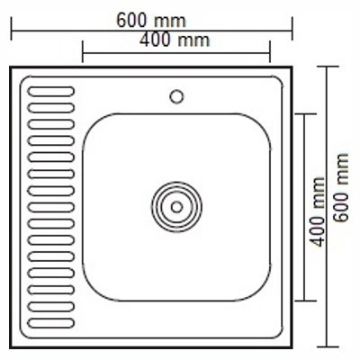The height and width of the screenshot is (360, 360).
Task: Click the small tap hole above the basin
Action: [176, 97]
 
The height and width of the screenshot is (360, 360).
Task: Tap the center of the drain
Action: [176, 207]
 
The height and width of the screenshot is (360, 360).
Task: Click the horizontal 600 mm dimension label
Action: [151, 21]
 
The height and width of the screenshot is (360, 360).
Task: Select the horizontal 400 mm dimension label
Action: [175, 40]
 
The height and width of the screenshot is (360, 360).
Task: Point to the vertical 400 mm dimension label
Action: [318, 211]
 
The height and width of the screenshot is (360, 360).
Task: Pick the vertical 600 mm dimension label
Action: [341, 187]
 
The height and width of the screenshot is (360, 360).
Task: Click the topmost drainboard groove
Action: [51, 91]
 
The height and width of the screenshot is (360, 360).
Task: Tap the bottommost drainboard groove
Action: [51, 323]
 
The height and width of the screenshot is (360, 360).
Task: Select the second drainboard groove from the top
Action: [51, 108]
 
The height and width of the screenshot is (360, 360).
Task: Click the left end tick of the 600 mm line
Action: [12, 29]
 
